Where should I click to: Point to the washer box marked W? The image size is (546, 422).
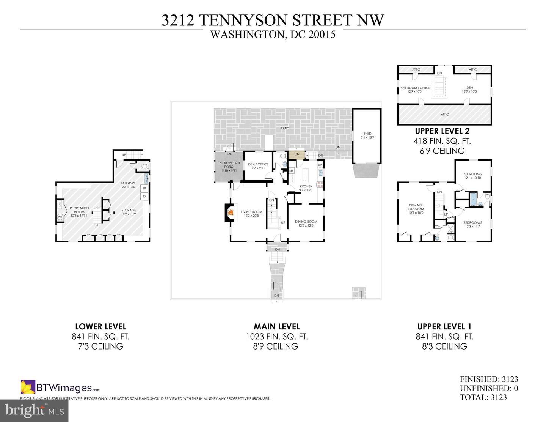pos(144,188)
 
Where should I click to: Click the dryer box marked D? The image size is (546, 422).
pos(144,196)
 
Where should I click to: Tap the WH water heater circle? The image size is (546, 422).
pos(60,217)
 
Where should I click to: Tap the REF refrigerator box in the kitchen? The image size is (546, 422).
pos(291,171)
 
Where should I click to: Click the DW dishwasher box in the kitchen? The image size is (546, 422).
pos(320,165)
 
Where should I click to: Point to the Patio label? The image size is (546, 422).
pos(285,128)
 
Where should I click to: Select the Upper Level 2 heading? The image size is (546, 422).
pos(442,131)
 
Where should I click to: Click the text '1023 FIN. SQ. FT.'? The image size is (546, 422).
pos(276,336)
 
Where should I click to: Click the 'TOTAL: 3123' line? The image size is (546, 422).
pos(483,397)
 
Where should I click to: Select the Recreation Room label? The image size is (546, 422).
pos(79,210)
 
